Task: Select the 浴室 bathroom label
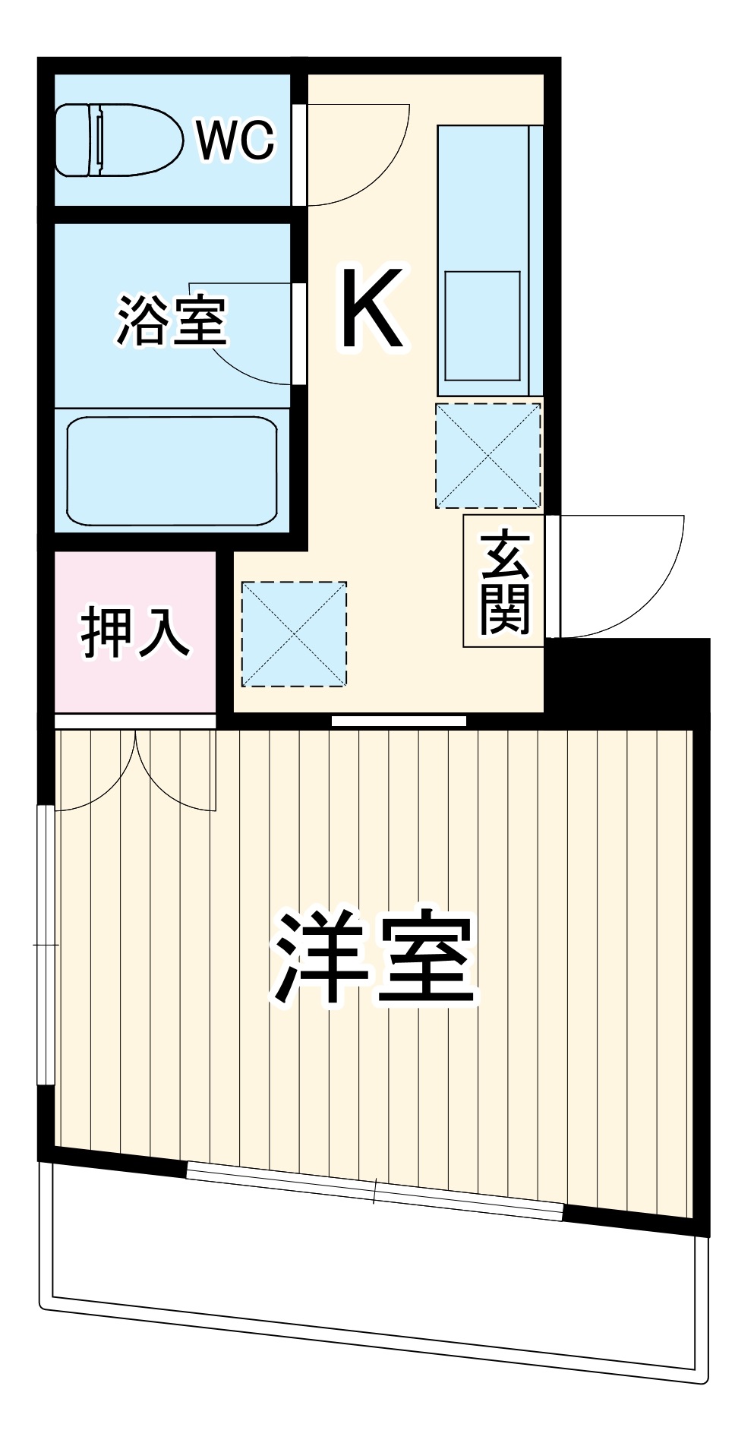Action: coord(172,321)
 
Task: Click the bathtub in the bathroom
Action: coord(172,471)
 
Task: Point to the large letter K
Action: coord(371,308)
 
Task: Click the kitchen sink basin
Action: coord(482,325)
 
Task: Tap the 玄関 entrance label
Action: coord(503,582)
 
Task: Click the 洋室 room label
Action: coord(374,958)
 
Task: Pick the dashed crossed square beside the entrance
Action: coord(487,456)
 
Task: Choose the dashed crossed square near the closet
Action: coord(294,634)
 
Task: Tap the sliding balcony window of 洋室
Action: coord(375,1191)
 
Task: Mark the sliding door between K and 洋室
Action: coord(399,721)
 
